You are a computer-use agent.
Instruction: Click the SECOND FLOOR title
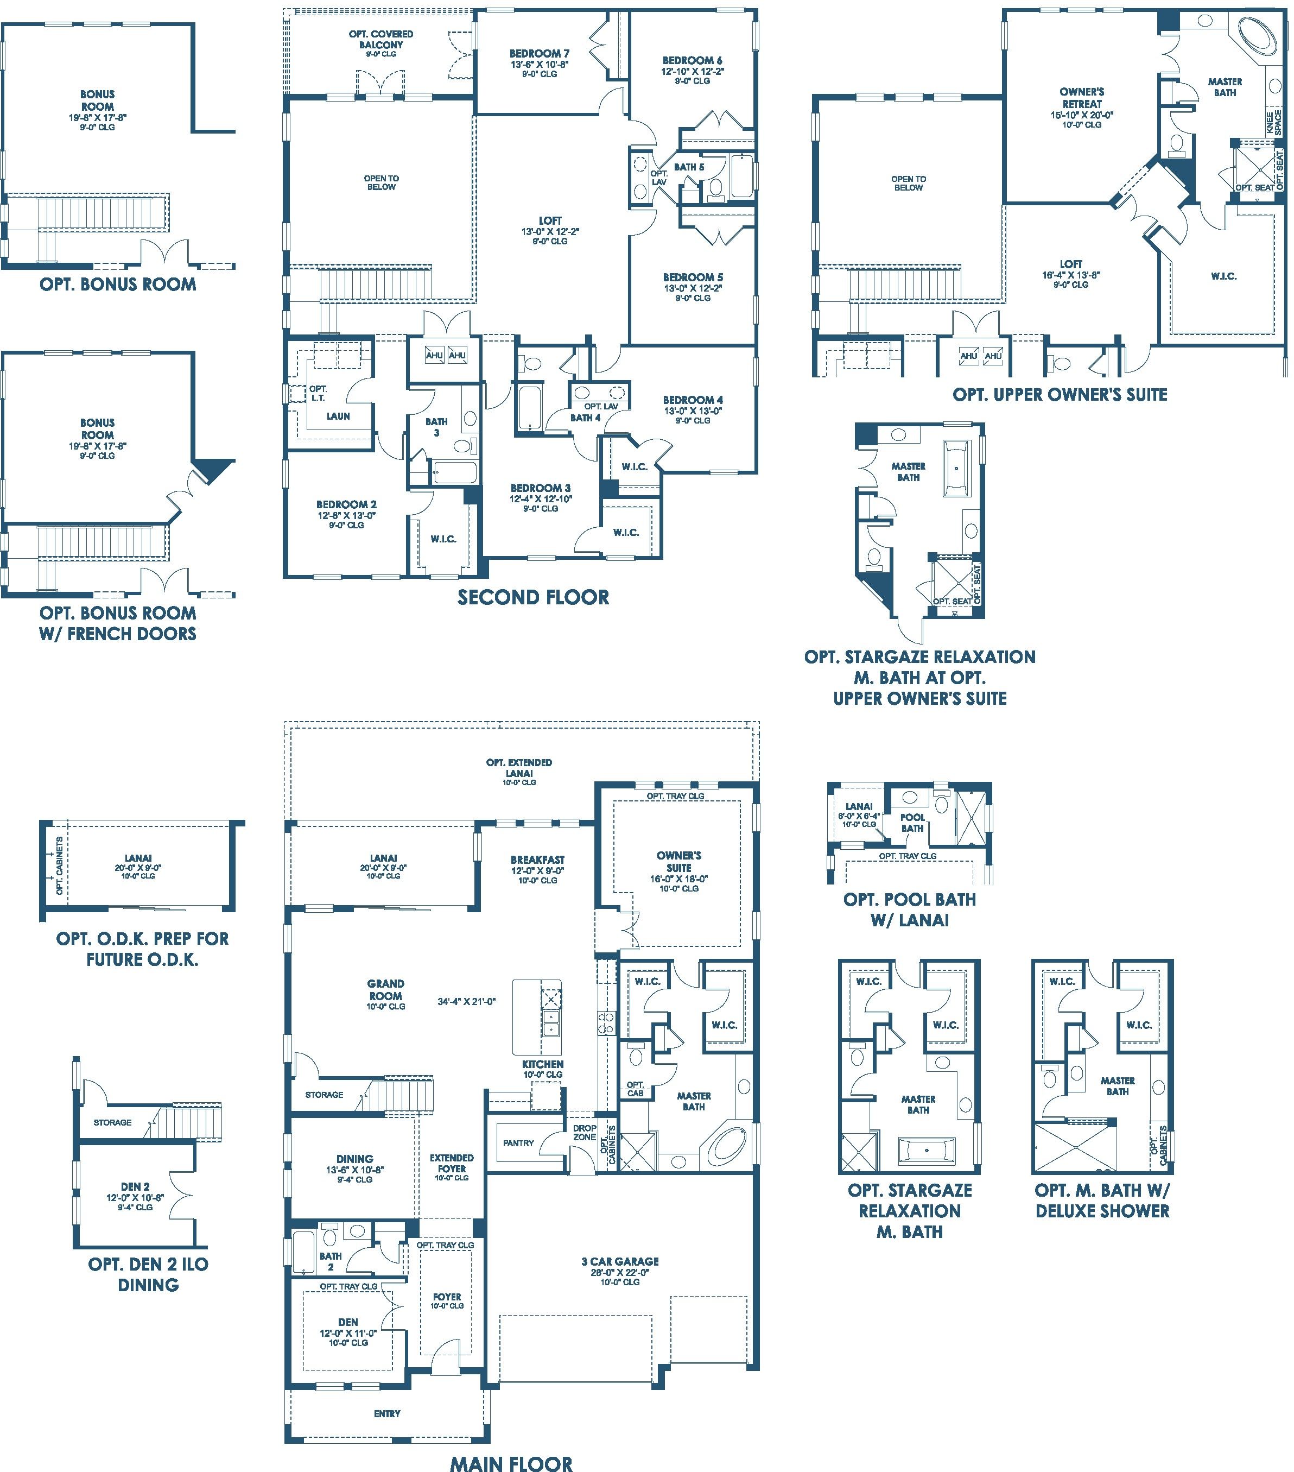click(533, 598)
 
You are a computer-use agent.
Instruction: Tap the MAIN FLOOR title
click(511, 1463)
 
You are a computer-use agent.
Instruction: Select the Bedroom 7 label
click(540, 53)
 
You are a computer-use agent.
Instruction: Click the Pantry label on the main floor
click(518, 1143)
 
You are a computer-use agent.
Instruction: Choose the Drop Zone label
click(585, 1133)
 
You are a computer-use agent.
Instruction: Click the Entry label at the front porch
click(386, 1414)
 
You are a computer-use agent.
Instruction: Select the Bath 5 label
click(689, 167)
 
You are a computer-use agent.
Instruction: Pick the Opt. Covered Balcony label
click(381, 39)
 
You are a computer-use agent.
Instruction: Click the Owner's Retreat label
click(1082, 98)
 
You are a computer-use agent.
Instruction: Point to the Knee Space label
click(1273, 122)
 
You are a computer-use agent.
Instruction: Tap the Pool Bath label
click(912, 823)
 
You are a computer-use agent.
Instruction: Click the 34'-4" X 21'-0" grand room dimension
click(467, 1001)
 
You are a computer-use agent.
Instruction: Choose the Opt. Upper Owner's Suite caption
click(1060, 395)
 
